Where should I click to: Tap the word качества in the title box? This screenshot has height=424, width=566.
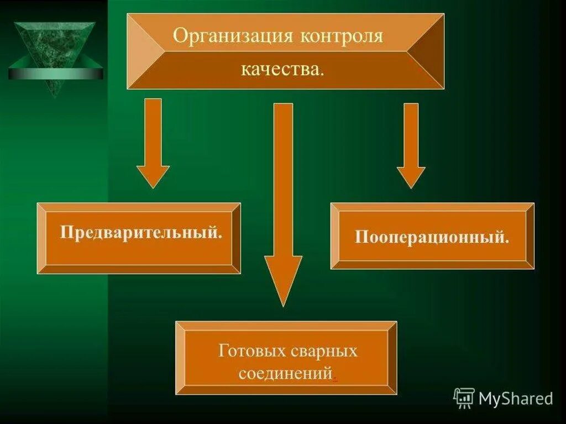click(x=282, y=69)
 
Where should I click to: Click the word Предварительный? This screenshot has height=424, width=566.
click(x=141, y=232)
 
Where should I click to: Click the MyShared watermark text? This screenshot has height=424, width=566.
click(x=516, y=399)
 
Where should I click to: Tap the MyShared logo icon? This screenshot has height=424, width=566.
click(x=464, y=398)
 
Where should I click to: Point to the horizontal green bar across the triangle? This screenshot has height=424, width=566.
click(x=55, y=74)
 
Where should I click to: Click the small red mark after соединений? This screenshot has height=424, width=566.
click(x=334, y=379)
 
